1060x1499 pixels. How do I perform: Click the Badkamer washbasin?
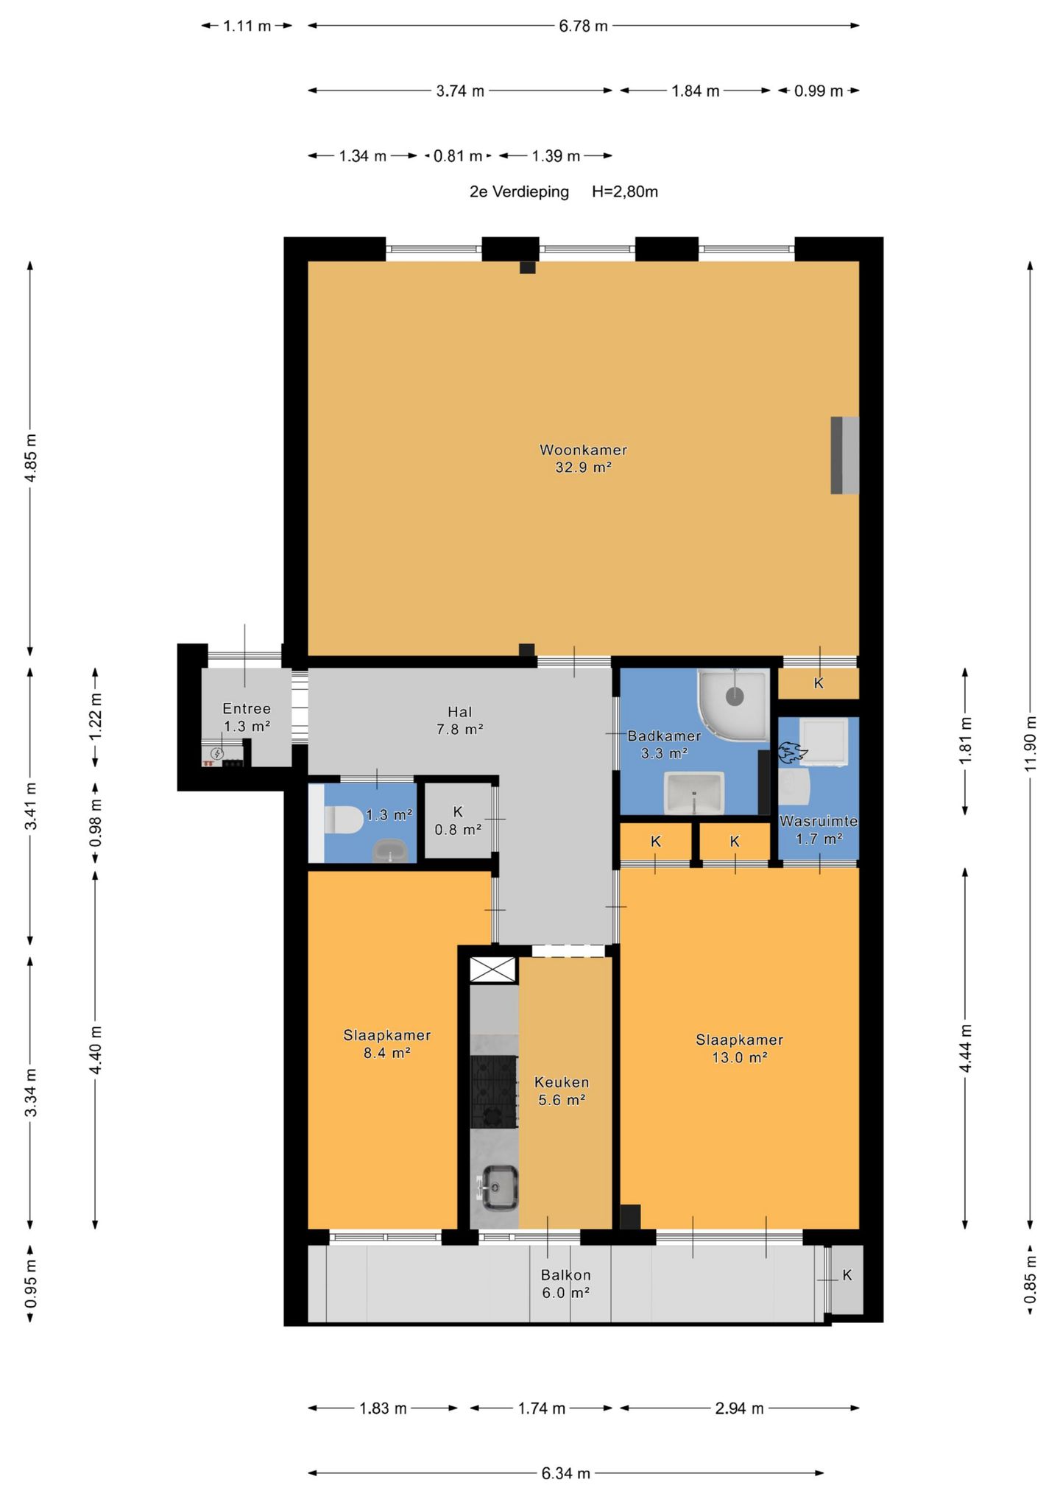tap(693, 793)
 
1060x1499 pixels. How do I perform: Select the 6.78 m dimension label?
tap(583, 26)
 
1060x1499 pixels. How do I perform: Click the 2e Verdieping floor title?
tap(519, 192)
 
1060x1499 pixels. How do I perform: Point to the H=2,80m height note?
tap(625, 192)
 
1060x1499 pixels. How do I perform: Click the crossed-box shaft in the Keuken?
tap(493, 969)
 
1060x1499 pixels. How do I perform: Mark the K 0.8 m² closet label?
tap(458, 821)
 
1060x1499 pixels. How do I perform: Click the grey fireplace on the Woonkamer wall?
tap(844, 455)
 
